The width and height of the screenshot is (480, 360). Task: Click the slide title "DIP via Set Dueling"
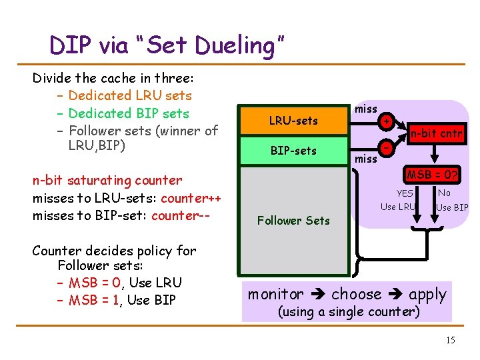pos(167,45)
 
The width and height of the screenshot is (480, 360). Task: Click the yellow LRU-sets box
pos(293,121)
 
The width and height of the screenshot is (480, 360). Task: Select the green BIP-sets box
pos(293,151)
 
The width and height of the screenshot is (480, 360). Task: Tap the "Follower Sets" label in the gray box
pos(293,220)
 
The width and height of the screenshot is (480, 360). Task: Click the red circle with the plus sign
pos(385,121)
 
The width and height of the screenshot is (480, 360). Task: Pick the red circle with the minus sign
pos(385,146)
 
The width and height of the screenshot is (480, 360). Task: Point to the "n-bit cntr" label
pos(436,133)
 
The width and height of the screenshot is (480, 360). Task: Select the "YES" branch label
pos(404,193)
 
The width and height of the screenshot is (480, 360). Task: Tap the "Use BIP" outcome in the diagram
pos(452,207)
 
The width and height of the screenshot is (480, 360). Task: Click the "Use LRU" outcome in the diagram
pos(397,207)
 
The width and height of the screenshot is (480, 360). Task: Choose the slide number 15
pos(450,341)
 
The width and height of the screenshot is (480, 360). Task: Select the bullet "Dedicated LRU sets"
pos(130,95)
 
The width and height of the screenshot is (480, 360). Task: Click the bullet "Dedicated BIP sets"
pos(129,113)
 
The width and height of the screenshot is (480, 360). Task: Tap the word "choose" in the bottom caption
pos(357,294)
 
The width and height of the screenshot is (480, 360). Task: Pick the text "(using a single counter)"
pos(348,311)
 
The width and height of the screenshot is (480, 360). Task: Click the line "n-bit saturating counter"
pos(107,180)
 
